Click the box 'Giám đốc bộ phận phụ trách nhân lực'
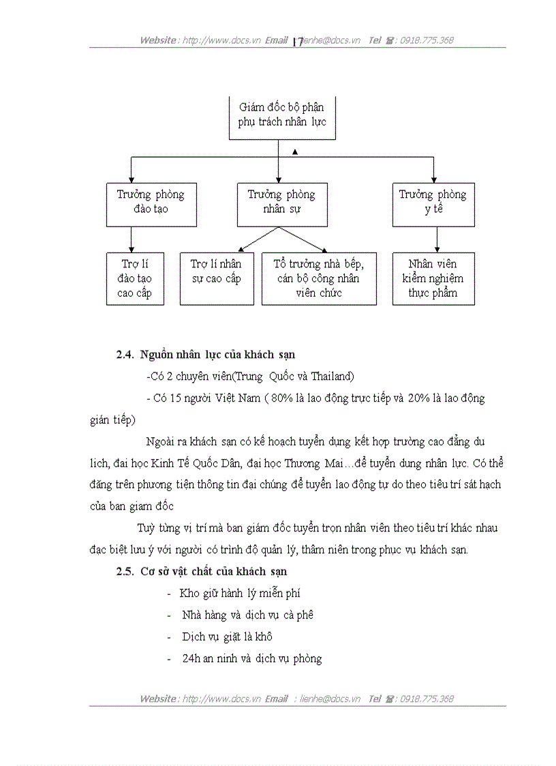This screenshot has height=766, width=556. point(281,115)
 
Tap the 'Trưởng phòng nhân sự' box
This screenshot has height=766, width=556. point(281,202)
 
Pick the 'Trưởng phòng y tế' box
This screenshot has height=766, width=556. point(433,202)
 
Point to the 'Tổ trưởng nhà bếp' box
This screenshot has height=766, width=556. point(319,278)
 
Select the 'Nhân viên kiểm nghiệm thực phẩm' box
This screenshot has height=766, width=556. point(433,278)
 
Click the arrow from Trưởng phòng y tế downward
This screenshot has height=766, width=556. point(437,240)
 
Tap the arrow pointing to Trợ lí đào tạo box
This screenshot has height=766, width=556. point(132,240)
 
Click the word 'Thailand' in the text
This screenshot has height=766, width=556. point(330,377)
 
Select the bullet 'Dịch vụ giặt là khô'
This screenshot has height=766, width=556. point(227,637)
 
